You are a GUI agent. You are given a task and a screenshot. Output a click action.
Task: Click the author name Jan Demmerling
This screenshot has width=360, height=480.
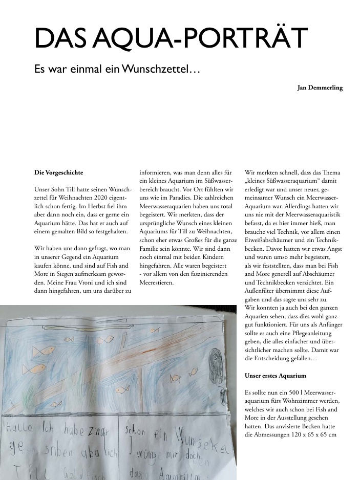tap(320, 88)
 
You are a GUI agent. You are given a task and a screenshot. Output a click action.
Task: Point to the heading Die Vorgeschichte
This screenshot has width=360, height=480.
tap(58, 172)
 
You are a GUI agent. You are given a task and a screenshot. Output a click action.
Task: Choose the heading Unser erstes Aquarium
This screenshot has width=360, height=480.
tap(276, 376)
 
